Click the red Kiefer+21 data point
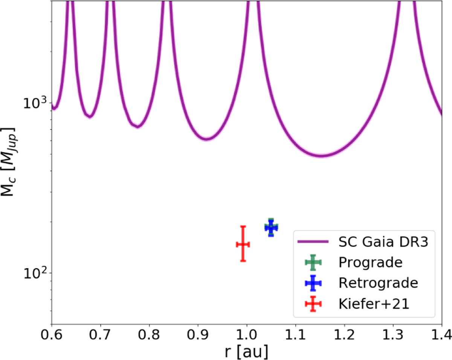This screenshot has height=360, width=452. click(x=243, y=244)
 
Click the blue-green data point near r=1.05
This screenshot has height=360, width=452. click(x=271, y=227)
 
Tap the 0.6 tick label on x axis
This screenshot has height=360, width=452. click(x=52, y=334)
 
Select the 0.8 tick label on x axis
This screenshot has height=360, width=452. click(x=149, y=334)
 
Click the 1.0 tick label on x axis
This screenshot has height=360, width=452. click(x=247, y=334)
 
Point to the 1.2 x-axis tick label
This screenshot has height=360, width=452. click(x=344, y=334)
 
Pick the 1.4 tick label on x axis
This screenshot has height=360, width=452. click(x=441, y=334)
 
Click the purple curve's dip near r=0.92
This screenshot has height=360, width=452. click(x=206, y=139)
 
